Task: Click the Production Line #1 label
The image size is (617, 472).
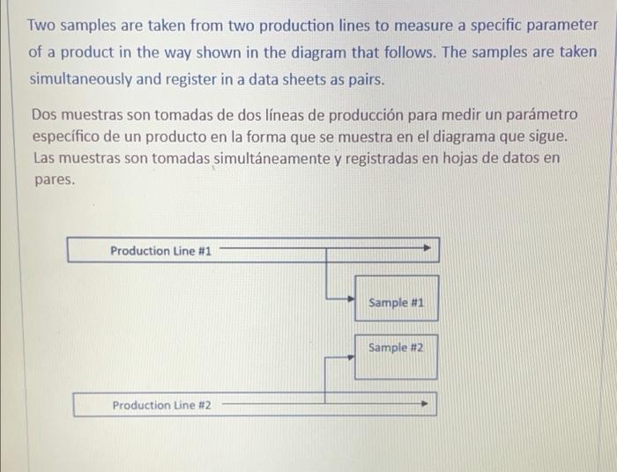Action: coord(160,251)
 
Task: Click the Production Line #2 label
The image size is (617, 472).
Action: coord(161,405)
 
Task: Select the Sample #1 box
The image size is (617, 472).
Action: coord(396,302)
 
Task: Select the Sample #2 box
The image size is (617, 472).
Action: coord(396,348)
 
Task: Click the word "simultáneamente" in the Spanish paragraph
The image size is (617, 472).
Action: coord(266,159)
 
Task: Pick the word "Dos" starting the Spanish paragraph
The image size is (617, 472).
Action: coord(45,115)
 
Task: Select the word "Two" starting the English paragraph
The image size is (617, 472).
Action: coord(44,25)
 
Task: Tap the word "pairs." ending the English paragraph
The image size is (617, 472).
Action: coord(365,79)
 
